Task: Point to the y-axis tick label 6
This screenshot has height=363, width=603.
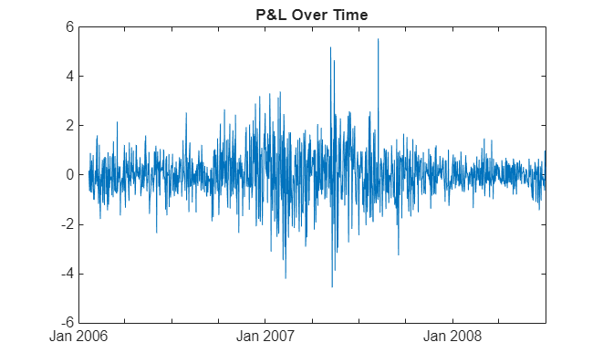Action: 68,26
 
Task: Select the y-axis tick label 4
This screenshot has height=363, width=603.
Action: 68,76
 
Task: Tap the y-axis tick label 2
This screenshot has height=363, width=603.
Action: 68,125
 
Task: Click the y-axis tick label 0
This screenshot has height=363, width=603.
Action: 68,174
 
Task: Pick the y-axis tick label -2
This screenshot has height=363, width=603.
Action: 66,224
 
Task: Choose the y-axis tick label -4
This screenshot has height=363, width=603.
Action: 66,274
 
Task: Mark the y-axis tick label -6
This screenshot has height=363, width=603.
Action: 66,323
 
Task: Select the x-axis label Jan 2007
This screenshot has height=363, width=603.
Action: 265,337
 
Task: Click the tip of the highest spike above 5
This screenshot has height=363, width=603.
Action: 378,39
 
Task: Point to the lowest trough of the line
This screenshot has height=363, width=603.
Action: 332,286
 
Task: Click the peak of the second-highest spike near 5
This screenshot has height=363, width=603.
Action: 330,47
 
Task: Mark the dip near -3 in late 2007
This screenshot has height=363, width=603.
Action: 399,254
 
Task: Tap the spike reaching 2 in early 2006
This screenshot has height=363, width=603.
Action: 117,122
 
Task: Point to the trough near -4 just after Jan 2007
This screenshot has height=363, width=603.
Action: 286,277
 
